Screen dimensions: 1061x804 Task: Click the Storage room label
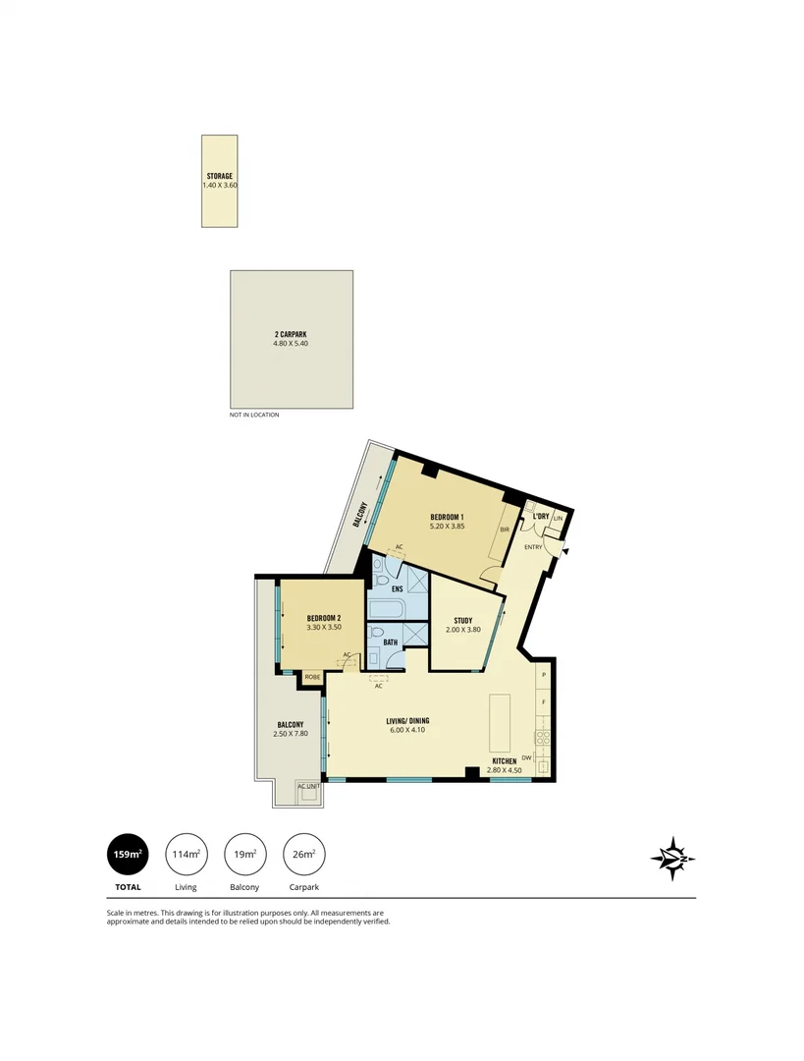click(219, 176)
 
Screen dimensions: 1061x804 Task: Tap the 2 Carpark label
click(291, 334)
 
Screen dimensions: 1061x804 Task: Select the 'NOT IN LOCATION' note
click(254, 415)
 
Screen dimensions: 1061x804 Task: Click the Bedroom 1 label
click(447, 517)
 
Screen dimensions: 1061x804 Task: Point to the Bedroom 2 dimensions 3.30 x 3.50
click(323, 627)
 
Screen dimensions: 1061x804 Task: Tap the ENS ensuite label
click(399, 588)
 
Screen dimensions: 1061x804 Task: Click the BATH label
click(390, 642)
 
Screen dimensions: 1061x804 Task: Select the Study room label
click(463, 620)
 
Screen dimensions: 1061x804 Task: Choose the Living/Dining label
click(407, 720)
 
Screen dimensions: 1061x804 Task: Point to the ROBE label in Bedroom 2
click(312, 676)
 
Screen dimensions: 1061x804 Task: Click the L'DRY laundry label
click(540, 517)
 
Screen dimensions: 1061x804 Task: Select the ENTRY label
click(533, 547)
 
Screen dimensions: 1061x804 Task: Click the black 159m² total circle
click(128, 855)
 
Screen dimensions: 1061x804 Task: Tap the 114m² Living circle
click(186, 855)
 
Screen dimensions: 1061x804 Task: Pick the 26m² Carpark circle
click(303, 855)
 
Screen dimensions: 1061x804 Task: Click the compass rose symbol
click(672, 859)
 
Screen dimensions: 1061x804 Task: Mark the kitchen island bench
click(500, 722)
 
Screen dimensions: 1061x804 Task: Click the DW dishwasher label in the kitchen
click(526, 757)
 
